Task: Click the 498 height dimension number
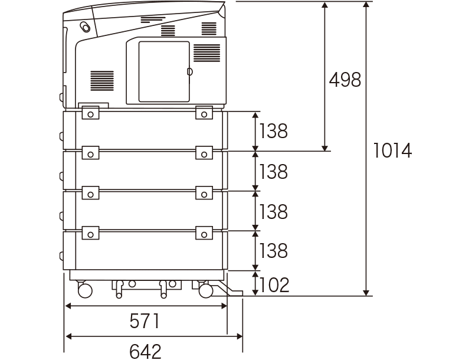pyautogui.click(x=345, y=80)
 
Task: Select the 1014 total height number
pyautogui.click(x=392, y=150)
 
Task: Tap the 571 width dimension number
pyautogui.click(x=144, y=321)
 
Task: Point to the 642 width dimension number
pyautogui.click(x=145, y=351)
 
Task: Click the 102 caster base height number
pyautogui.click(x=274, y=284)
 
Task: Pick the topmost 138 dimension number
pyautogui.click(x=273, y=131)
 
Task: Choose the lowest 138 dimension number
pyautogui.click(x=273, y=250)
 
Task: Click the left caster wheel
pyautogui.click(x=85, y=290)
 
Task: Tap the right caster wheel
pyautogui.click(x=206, y=290)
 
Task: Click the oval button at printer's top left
pyautogui.click(x=85, y=27)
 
